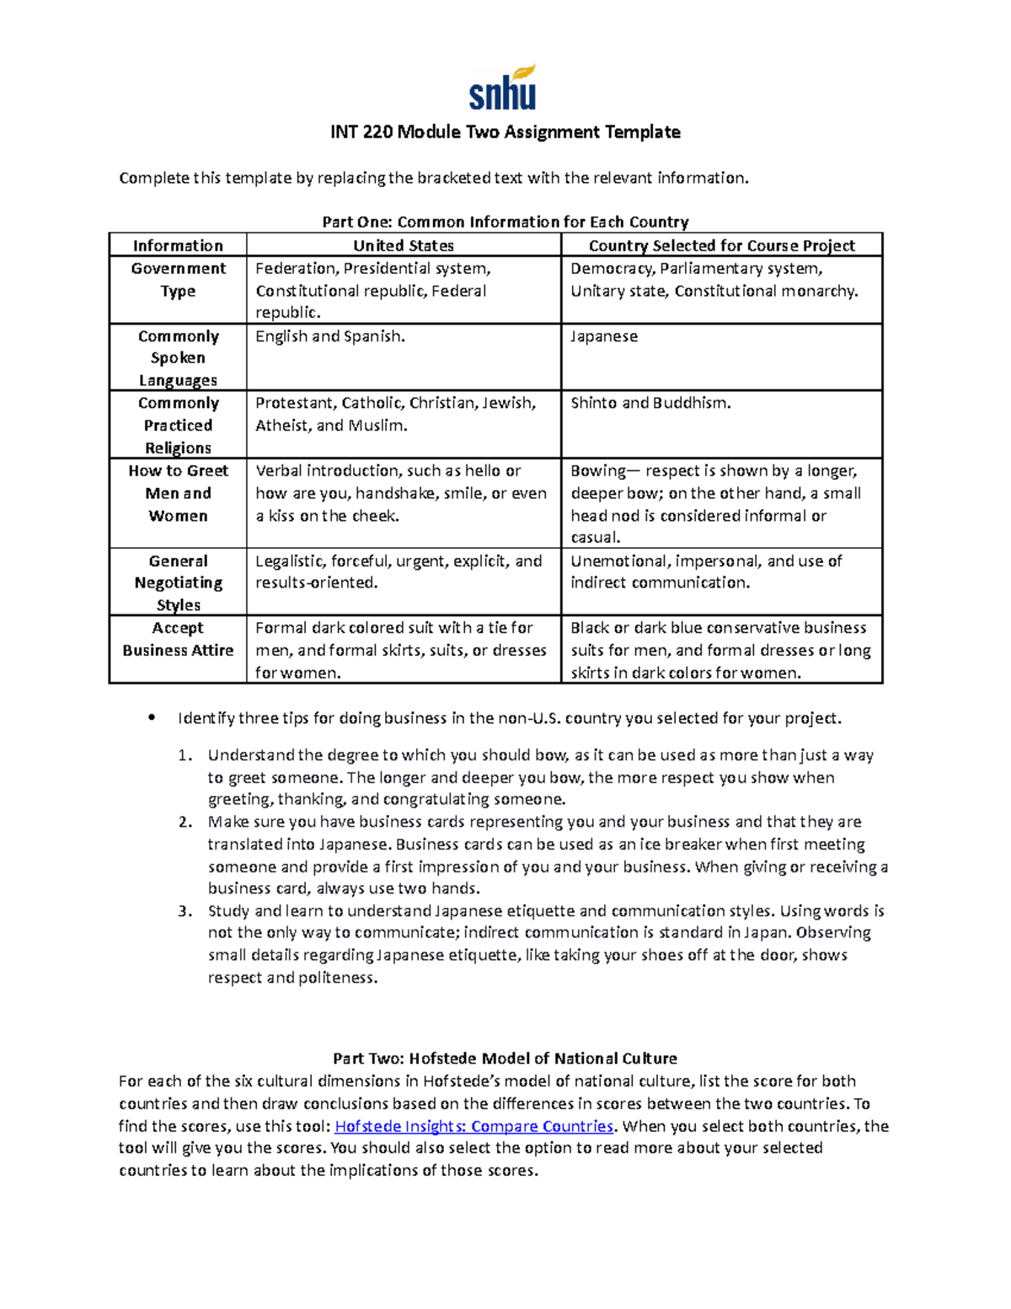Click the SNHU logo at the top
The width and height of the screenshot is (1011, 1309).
[x=503, y=89]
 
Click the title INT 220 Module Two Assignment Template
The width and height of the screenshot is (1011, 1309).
[x=505, y=132]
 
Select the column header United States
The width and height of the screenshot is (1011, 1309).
[x=403, y=245]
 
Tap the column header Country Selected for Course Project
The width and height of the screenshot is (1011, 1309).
[x=721, y=245]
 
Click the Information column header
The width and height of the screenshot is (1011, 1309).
[x=178, y=245]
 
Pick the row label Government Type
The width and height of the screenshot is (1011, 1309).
[x=178, y=280]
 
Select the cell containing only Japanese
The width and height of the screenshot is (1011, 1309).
[x=604, y=336]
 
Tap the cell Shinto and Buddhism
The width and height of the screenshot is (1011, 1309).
[x=650, y=403]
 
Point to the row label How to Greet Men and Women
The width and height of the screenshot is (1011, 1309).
[x=178, y=493]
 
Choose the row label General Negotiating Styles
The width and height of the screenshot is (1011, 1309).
[x=178, y=582]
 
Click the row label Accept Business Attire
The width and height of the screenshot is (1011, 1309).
[x=178, y=639]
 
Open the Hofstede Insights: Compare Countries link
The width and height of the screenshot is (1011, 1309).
[x=474, y=1126]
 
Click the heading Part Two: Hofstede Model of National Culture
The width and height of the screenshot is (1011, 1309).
[x=505, y=1059]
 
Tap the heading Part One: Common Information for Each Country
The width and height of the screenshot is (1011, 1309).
[x=505, y=222]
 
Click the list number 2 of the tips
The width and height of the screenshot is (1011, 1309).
[x=185, y=822]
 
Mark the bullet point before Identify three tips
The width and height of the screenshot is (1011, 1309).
[x=152, y=718]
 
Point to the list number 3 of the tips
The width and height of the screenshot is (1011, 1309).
[x=185, y=911]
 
